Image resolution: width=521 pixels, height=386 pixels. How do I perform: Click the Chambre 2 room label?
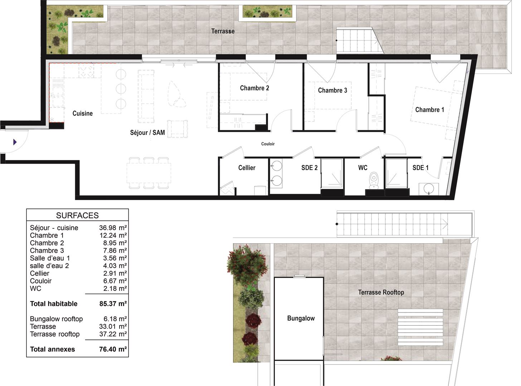pos(254,88)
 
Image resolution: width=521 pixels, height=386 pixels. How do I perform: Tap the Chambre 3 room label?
pos(332,90)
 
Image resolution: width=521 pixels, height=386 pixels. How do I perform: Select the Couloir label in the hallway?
pos(268,144)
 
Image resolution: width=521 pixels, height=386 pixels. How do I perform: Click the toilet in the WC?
pos(374,180)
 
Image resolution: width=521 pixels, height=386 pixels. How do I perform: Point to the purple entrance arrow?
pos(15,142)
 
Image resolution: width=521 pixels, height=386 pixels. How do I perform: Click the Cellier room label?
pos(247,168)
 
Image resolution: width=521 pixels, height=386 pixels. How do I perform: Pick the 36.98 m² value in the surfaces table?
pos(113,228)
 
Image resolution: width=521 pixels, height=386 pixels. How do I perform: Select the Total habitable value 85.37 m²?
pos(113,304)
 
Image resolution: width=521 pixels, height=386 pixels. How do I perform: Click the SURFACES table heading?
pos(77,216)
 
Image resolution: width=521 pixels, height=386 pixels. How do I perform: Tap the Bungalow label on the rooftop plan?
pos(301,318)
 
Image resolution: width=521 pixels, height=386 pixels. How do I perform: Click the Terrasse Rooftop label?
pos(381,292)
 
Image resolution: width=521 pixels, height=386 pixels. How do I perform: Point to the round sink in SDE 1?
pos(429,188)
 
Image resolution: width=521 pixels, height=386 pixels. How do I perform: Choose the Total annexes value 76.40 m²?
pos(113,349)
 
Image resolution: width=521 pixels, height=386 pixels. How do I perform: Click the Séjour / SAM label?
pos(147,133)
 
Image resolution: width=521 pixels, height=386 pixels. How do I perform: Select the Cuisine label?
pos(82,113)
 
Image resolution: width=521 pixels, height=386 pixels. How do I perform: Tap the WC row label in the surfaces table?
pos(35,288)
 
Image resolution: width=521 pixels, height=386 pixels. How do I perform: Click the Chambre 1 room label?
pos(430,110)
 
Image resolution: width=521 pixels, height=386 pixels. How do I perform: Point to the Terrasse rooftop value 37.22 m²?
pos(113,334)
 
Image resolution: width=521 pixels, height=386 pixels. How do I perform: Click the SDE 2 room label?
pos(310,168)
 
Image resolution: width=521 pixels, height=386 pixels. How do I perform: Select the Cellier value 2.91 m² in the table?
pos(115,273)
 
